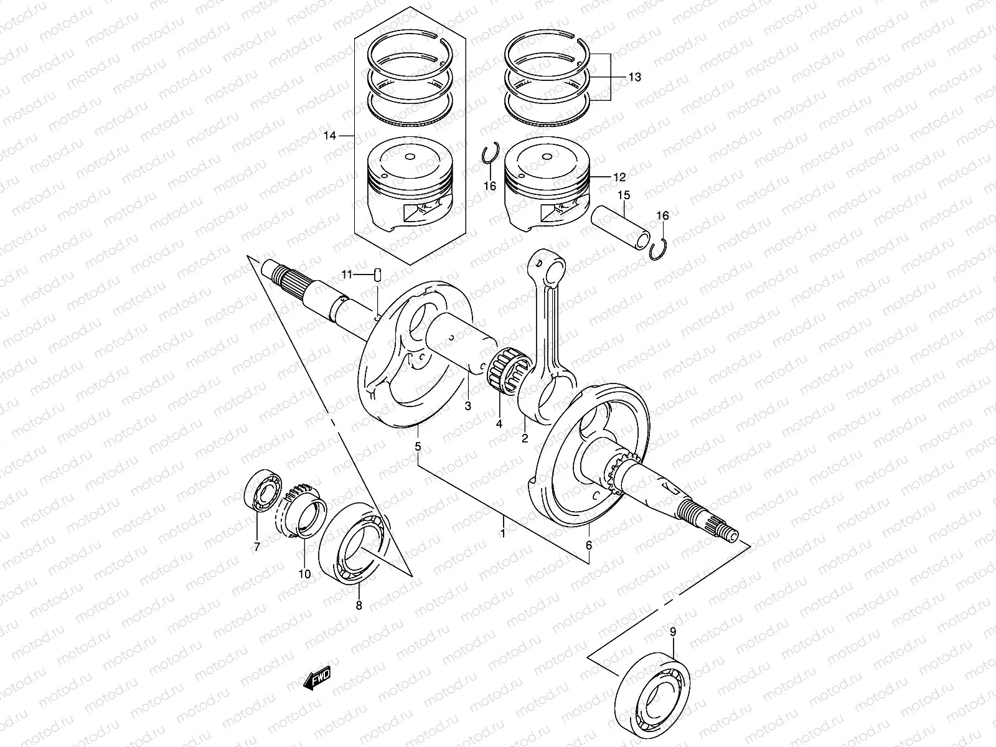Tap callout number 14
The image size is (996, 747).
point(330,135)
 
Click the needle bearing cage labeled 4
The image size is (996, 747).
point(507,371)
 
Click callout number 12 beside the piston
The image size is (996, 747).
point(619,177)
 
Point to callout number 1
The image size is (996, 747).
point(503,533)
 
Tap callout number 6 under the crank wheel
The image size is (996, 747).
point(589,545)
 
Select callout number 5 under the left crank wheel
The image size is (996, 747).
point(418,446)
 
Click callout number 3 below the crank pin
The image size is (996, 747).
point(468,406)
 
